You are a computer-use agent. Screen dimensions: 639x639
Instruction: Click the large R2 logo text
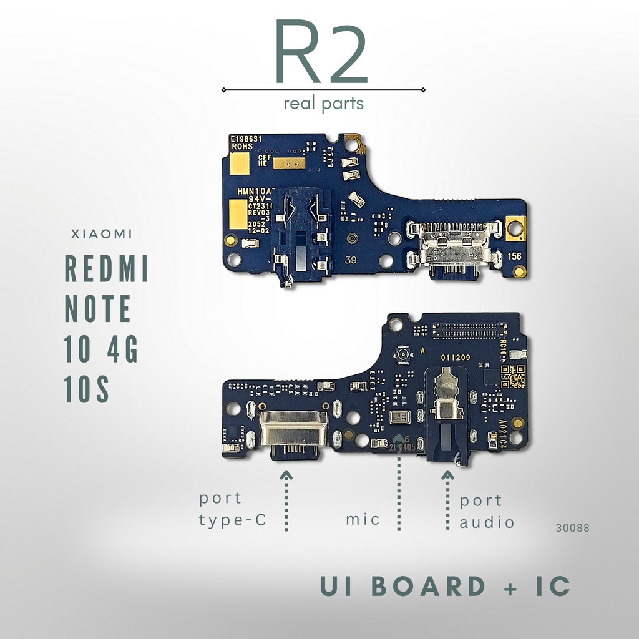tap(321, 53)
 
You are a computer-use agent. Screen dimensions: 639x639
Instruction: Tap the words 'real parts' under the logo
tap(323, 104)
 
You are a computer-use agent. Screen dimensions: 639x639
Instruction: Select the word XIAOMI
tap(102, 235)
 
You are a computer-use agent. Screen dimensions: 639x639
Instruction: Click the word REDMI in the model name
tap(107, 269)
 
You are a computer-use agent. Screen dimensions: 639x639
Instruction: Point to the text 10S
tap(87, 389)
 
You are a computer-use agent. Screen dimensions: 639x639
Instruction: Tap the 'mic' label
tap(363, 519)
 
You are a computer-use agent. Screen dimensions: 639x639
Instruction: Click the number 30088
tap(572, 528)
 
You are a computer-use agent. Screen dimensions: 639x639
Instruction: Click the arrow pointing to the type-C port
tap(286, 500)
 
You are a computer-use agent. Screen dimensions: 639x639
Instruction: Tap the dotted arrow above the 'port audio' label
tap(447, 499)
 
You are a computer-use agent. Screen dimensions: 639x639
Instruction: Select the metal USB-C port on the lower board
tap(293, 432)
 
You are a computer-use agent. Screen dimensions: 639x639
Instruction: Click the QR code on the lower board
tap(514, 376)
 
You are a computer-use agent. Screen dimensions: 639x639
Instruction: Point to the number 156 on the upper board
tap(514, 256)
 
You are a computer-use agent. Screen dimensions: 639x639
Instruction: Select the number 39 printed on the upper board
tap(351, 261)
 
